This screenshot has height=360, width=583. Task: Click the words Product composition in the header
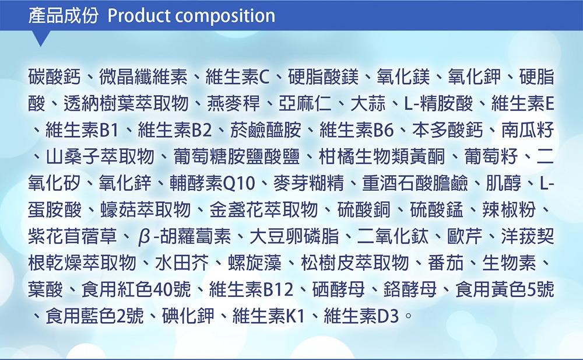[x=191, y=16]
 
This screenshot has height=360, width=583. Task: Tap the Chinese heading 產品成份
[x=63, y=16]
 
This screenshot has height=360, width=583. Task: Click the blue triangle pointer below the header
[x=41, y=38]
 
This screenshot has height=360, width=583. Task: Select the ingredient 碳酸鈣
[x=54, y=77]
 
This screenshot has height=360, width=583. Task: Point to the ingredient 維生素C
[x=237, y=77]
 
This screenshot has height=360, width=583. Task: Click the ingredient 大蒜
[x=368, y=104]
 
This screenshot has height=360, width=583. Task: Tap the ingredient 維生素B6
[x=356, y=130]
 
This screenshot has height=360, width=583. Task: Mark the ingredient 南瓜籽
[x=528, y=130]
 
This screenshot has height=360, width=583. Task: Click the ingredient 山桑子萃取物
[x=100, y=157]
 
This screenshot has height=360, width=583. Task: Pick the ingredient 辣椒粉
[x=508, y=210]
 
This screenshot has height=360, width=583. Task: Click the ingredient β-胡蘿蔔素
[x=184, y=237]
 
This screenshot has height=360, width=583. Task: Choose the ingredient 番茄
[x=445, y=263]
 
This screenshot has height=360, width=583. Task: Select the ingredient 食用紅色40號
[x=136, y=289]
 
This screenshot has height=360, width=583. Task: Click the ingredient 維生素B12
[x=251, y=289]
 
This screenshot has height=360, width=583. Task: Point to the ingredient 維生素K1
[x=269, y=316]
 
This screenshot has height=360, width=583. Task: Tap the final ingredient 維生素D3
[x=361, y=316]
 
